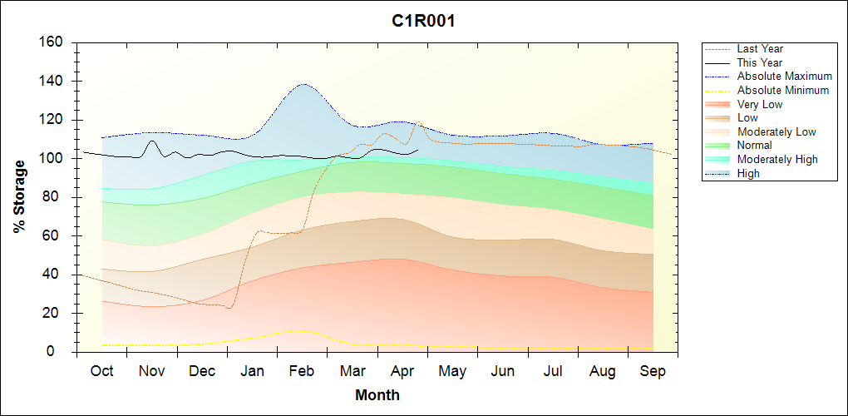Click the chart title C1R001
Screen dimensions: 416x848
point(423,22)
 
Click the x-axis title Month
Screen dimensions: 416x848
point(377,395)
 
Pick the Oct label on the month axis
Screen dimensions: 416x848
point(101,371)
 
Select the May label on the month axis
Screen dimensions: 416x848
point(452,371)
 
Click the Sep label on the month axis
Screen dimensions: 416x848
point(653,371)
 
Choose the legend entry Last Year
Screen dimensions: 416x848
point(760,49)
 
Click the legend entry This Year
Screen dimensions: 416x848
point(760,62)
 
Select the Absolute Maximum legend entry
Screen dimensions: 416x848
point(784,77)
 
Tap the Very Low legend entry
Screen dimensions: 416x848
point(760,104)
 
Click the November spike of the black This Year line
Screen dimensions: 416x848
point(151,141)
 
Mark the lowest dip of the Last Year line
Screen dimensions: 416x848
point(229,308)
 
